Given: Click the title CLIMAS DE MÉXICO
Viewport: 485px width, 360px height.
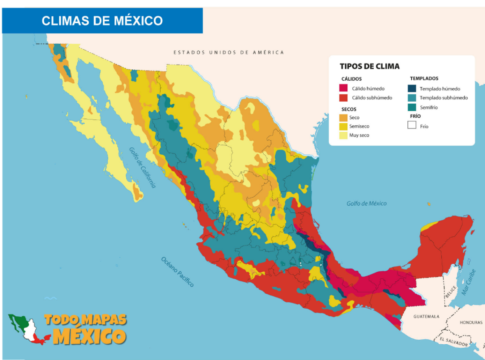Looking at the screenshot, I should (102, 20).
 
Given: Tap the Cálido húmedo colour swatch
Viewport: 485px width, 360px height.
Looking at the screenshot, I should (344, 88).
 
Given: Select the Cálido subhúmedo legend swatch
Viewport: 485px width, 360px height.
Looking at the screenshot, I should (344, 98).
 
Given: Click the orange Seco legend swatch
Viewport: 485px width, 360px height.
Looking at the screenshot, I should (344, 117).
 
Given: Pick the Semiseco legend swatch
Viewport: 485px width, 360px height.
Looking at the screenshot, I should (344, 126).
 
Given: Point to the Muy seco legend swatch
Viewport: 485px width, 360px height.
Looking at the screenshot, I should (344, 135).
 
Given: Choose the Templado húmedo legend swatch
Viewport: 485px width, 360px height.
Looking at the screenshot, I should (412, 88).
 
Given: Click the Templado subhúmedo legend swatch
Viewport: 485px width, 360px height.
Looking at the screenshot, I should (412, 98).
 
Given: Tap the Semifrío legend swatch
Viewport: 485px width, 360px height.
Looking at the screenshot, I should (412, 108).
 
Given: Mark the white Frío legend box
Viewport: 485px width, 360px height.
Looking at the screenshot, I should (412, 125).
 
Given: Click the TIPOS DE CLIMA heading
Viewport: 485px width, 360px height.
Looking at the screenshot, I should (369, 66).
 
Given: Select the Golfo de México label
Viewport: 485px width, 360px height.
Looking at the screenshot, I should (367, 203).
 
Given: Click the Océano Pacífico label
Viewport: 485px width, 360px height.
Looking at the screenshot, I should (178, 272).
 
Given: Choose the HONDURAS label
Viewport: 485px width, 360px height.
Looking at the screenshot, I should (471, 322).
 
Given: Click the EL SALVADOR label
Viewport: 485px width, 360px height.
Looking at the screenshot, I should (454, 342).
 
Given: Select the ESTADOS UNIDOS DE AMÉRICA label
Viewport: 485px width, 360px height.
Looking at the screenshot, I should (228, 52).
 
